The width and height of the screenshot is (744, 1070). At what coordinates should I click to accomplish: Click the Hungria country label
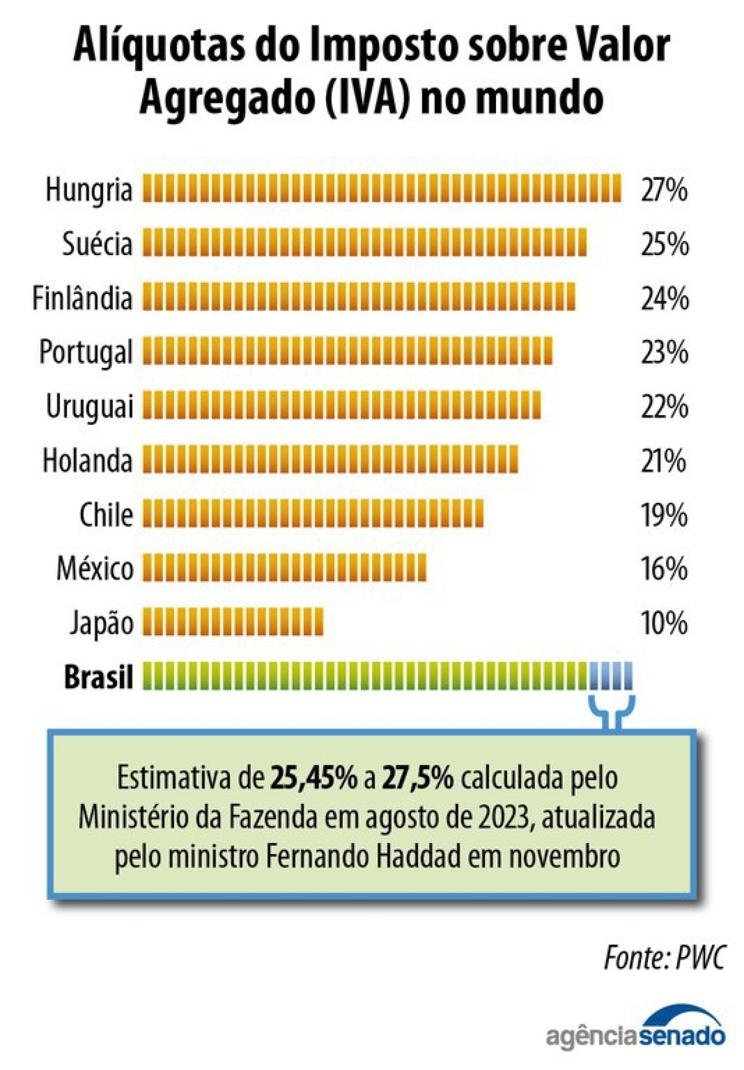tap(89, 189)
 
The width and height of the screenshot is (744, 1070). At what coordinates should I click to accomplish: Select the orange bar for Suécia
tap(365, 243)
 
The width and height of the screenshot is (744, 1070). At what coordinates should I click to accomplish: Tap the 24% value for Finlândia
tap(664, 298)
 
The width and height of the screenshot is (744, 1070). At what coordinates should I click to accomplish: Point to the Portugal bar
tap(347, 352)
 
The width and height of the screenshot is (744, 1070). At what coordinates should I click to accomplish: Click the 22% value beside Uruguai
tap(664, 406)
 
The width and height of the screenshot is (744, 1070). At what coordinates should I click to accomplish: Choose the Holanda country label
tap(87, 461)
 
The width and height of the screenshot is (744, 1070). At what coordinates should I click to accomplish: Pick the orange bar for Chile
tap(313, 514)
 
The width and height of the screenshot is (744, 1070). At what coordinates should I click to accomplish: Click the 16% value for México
tap(664, 569)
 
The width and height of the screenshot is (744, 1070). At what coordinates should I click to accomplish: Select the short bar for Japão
tap(233, 622)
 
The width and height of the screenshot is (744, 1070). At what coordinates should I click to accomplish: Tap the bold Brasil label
tap(98, 677)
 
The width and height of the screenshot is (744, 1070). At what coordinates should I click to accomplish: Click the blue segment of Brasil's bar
tap(611, 676)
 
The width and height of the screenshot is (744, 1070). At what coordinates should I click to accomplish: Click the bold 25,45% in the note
tap(314, 778)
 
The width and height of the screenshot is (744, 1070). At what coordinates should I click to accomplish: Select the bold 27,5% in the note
tap(417, 778)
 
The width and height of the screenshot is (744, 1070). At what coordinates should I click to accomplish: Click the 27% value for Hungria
tap(664, 189)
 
